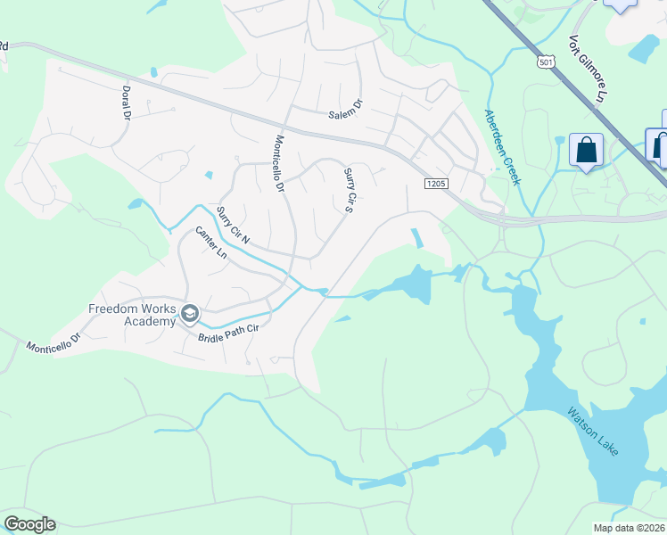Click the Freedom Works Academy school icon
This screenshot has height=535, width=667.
point(189,313)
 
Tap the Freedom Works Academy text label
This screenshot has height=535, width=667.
point(132,315)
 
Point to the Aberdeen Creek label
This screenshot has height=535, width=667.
point(501,146)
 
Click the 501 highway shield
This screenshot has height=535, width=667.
point(546,62)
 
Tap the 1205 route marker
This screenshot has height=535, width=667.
point(435,184)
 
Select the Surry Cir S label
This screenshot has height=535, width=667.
point(350,191)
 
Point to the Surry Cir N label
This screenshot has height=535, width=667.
point(233,226)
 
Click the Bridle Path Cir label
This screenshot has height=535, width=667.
point(227,333)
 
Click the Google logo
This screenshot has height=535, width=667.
point(29,524)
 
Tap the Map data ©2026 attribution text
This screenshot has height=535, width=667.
point(629,528)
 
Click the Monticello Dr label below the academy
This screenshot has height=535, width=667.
point(53,344)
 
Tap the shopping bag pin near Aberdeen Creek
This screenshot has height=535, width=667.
point(587,150)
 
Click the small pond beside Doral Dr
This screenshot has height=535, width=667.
point(154,72)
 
